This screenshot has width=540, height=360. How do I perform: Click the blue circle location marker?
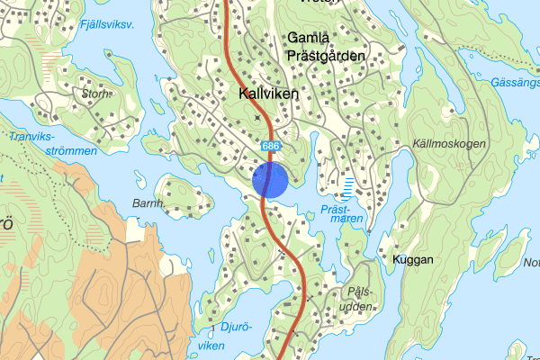270,179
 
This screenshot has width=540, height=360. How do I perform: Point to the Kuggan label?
413,259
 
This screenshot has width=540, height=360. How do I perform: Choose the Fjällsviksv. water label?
106,25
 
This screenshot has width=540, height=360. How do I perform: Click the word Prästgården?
326,56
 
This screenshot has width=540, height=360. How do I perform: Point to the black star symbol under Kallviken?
259,117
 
